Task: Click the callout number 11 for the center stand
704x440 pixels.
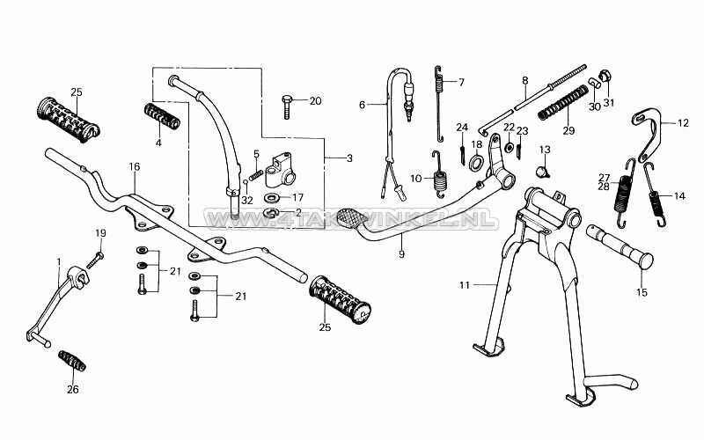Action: [465, 284]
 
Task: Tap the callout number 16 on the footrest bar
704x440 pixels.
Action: [134, 165]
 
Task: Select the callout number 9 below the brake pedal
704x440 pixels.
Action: [400, 253]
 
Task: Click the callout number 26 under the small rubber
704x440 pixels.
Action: [72, 388]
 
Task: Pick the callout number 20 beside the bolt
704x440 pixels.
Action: [315, 100]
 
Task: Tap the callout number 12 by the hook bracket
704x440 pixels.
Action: [684, 123]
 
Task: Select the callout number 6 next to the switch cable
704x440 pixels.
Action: [362, 104]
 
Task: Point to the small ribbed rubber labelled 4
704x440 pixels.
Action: [162, 115]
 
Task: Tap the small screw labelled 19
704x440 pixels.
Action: [95, 258]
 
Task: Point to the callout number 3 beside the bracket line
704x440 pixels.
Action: [348, 158]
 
